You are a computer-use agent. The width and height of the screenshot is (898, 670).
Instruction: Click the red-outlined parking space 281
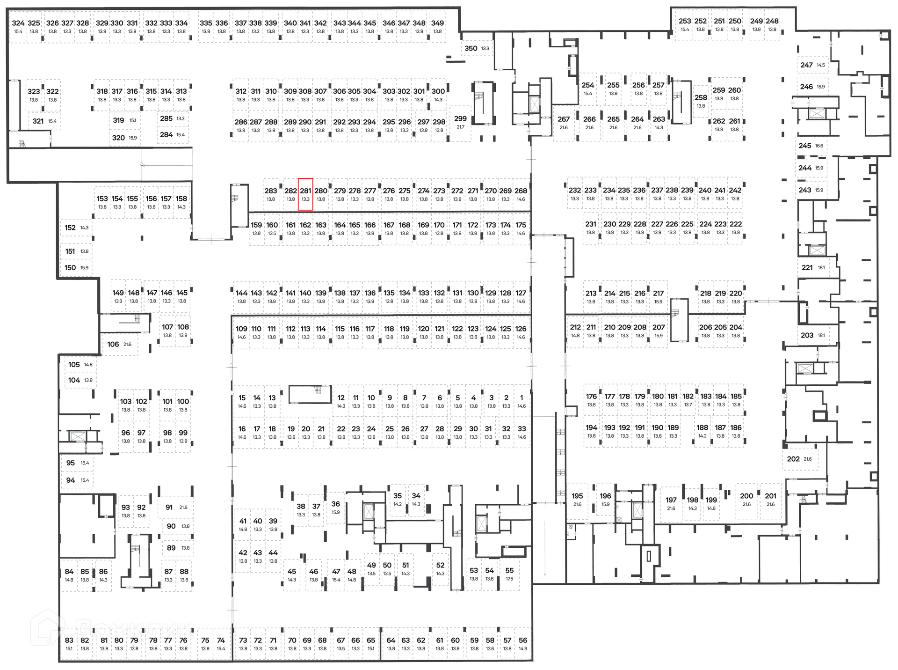coord(305,194)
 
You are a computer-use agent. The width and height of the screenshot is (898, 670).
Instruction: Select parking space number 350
coord(476,48)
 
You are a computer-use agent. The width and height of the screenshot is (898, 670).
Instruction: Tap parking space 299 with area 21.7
coord(460,123)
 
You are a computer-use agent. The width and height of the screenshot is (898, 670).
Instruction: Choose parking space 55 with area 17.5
coord(509,574)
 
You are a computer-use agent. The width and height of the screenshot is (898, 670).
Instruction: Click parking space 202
coord(799,459)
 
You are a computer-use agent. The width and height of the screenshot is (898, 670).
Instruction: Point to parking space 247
coord(812,65)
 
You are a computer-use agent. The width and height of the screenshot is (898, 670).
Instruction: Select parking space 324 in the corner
coord(18,27)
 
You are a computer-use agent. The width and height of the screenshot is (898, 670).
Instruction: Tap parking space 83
coord(69,644)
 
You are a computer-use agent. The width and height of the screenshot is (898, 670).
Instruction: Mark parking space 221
coord(813,267)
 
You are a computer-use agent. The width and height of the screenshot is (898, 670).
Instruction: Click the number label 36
coord(335,504)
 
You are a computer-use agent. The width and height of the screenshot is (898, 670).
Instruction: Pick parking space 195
coord(577,500)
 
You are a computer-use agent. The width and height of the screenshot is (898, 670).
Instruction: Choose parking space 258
coord(701,101)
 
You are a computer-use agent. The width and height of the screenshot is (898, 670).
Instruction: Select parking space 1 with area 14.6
coord(521,401)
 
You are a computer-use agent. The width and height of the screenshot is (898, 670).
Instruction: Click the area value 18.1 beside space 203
coord(821,335)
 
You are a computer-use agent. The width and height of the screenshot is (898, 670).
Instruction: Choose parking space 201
coord(770,500)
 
